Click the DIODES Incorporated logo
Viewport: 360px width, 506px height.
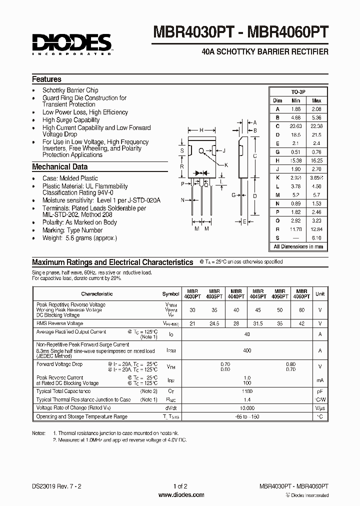[72, 43]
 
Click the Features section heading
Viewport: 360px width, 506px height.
[46, 79]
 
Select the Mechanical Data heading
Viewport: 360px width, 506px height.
[59, 167]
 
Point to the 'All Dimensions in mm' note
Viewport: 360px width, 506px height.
[298, 246]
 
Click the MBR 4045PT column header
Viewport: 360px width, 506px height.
[258, 294]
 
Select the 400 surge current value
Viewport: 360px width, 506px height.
[247, 351]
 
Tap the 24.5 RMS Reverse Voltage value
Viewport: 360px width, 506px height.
[214, 323]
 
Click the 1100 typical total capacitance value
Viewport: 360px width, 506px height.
[247, 391]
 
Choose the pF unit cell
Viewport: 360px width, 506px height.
[320, 391]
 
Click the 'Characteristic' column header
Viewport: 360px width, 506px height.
[97, 294]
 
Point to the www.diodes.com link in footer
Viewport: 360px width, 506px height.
[180, 495]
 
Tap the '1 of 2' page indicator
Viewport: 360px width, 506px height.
[180, 486]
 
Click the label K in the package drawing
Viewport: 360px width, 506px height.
[226, 165]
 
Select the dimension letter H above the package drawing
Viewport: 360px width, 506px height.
[201, 130]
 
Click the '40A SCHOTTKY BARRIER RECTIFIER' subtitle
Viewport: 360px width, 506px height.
[264, 52]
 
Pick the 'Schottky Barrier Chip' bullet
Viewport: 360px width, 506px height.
[70, 90]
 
